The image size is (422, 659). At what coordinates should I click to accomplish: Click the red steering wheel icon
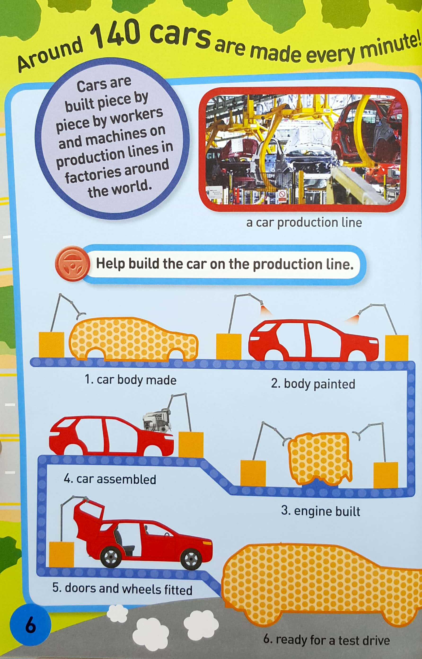click(72, 263)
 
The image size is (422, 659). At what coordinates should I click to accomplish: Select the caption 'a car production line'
click(304, 222)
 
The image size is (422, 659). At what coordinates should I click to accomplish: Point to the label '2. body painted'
click(313, 384)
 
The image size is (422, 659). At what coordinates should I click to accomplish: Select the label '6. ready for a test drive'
click(326, 640)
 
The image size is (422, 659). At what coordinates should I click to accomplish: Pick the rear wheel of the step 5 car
click(111, 557)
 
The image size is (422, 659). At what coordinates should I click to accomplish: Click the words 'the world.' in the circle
click(119, 189)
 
